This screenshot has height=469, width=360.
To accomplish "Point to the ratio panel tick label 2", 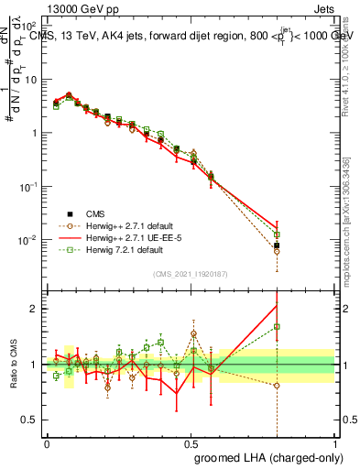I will click(35, 308).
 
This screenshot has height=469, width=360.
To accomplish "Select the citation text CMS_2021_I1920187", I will click(191, 273).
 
